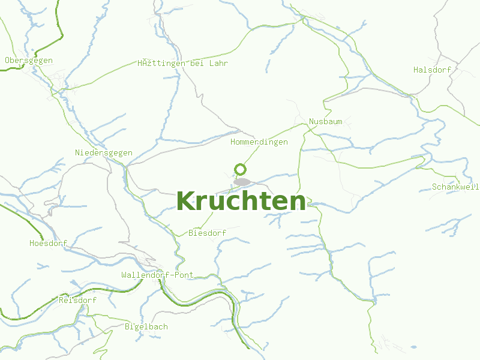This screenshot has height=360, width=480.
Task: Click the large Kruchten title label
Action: pyautogui.click(x=241, y=201)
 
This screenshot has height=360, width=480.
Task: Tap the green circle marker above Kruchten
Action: pyautogui.click(x=240, y=169)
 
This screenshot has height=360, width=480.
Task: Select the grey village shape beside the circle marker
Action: pyautogui.click(x=243, y=181)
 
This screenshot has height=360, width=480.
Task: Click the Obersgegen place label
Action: pyautogui.click(x=29, y=61)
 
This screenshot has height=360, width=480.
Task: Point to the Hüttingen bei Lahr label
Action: pyautogui.click(x=182, y=63)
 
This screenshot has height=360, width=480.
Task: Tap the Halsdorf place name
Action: pyautogui.click(x=432, y=70)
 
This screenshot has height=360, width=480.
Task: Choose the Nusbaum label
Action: pyautogui.click(x=326, y=122)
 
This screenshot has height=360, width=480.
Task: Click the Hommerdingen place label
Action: pyautogui.click(x=259, y=142)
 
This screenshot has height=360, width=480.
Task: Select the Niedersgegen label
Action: pyautogui.click(x=104, y=153)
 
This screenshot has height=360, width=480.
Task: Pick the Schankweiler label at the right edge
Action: pyautogui.click(x=455, y=187)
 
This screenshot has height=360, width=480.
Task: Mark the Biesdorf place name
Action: pyautogui.click(x=206, y=233)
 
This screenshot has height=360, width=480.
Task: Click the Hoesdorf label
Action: pyautogui.click(x=48, y=244)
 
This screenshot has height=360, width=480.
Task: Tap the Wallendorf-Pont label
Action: pyautogui.click(x=157, y=275)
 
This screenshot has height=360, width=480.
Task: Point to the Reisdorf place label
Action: pyautogui.click(x=77, y=300)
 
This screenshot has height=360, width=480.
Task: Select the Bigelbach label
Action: pyautogui.click(x=146, y=327)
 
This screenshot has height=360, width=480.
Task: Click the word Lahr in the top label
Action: pyautogui.click(x=218, y=63)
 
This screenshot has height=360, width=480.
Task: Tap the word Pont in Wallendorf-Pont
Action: pyautogui.click(x=184, y=275)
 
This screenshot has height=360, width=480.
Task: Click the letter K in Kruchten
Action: pyautogui.click(x=187, y=201)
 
